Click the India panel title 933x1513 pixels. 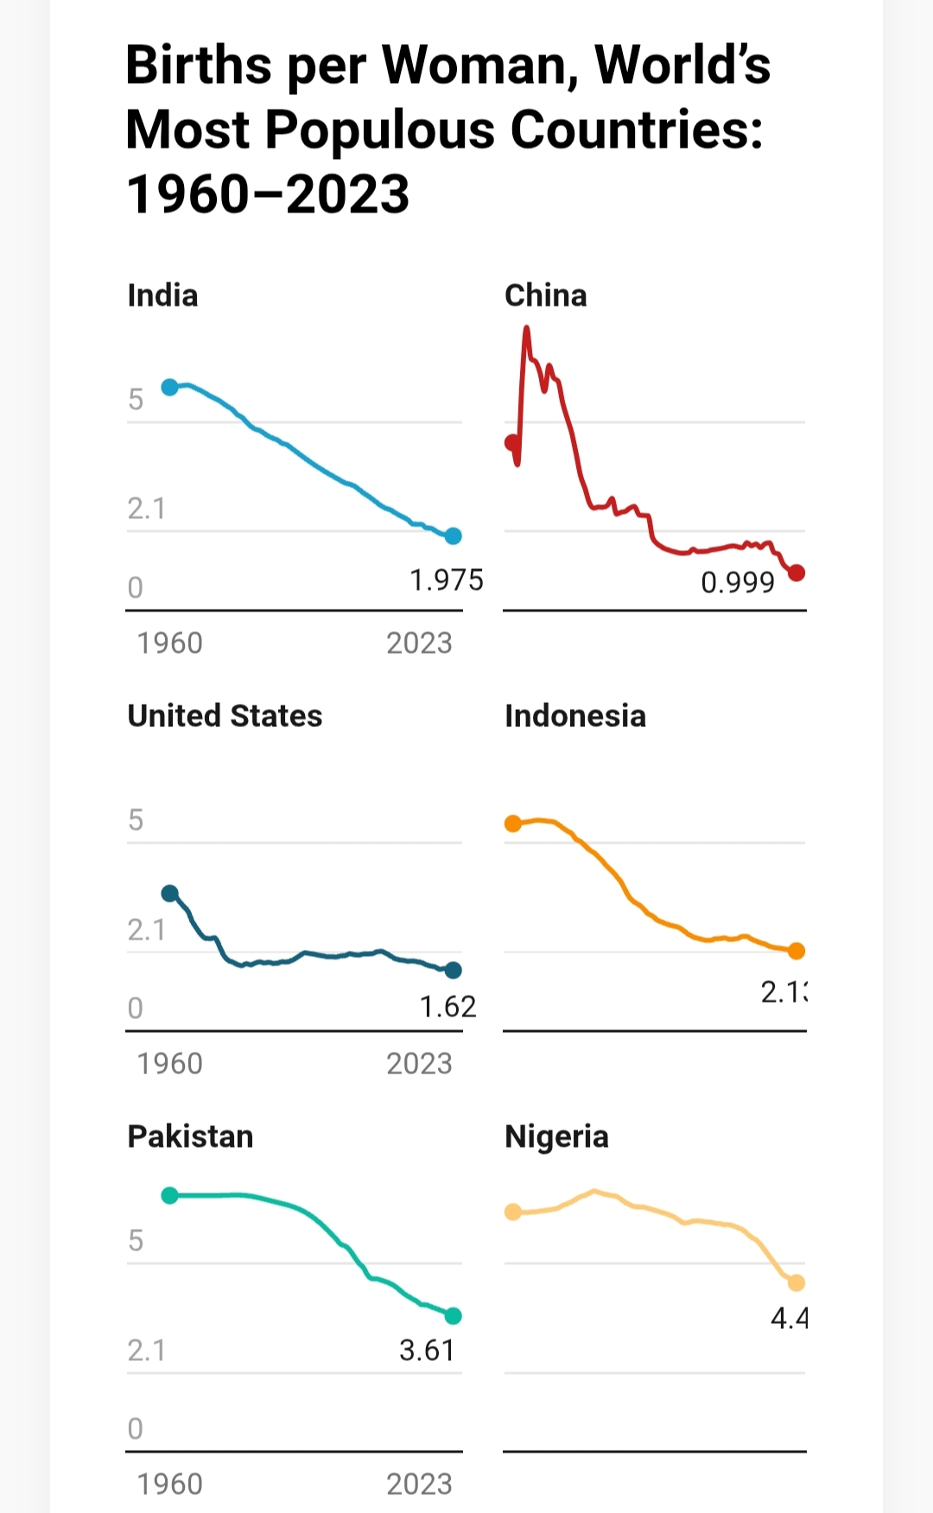(162, 295)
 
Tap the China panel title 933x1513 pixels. (545, 295)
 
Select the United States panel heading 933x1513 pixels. (225, 716)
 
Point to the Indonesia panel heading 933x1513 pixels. (574, 716)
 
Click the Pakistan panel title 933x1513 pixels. (190, 1136)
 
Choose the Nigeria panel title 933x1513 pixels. (556, 1136)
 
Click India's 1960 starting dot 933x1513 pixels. (170, 387)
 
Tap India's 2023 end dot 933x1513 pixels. (454, 536)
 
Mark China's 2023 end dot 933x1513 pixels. (797, 573)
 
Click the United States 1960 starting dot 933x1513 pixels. (170, 893)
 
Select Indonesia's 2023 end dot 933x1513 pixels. (797, 951)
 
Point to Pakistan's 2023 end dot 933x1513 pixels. (454, 1316)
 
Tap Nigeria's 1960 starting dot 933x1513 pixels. (513, 1212)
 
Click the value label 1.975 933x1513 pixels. (446, 580)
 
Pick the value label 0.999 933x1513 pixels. (737, 583)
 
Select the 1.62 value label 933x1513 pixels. (447, 1007)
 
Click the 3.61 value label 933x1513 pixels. (427, 1350)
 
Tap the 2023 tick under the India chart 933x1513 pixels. (419, 643)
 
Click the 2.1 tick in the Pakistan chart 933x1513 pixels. (146, 1350)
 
